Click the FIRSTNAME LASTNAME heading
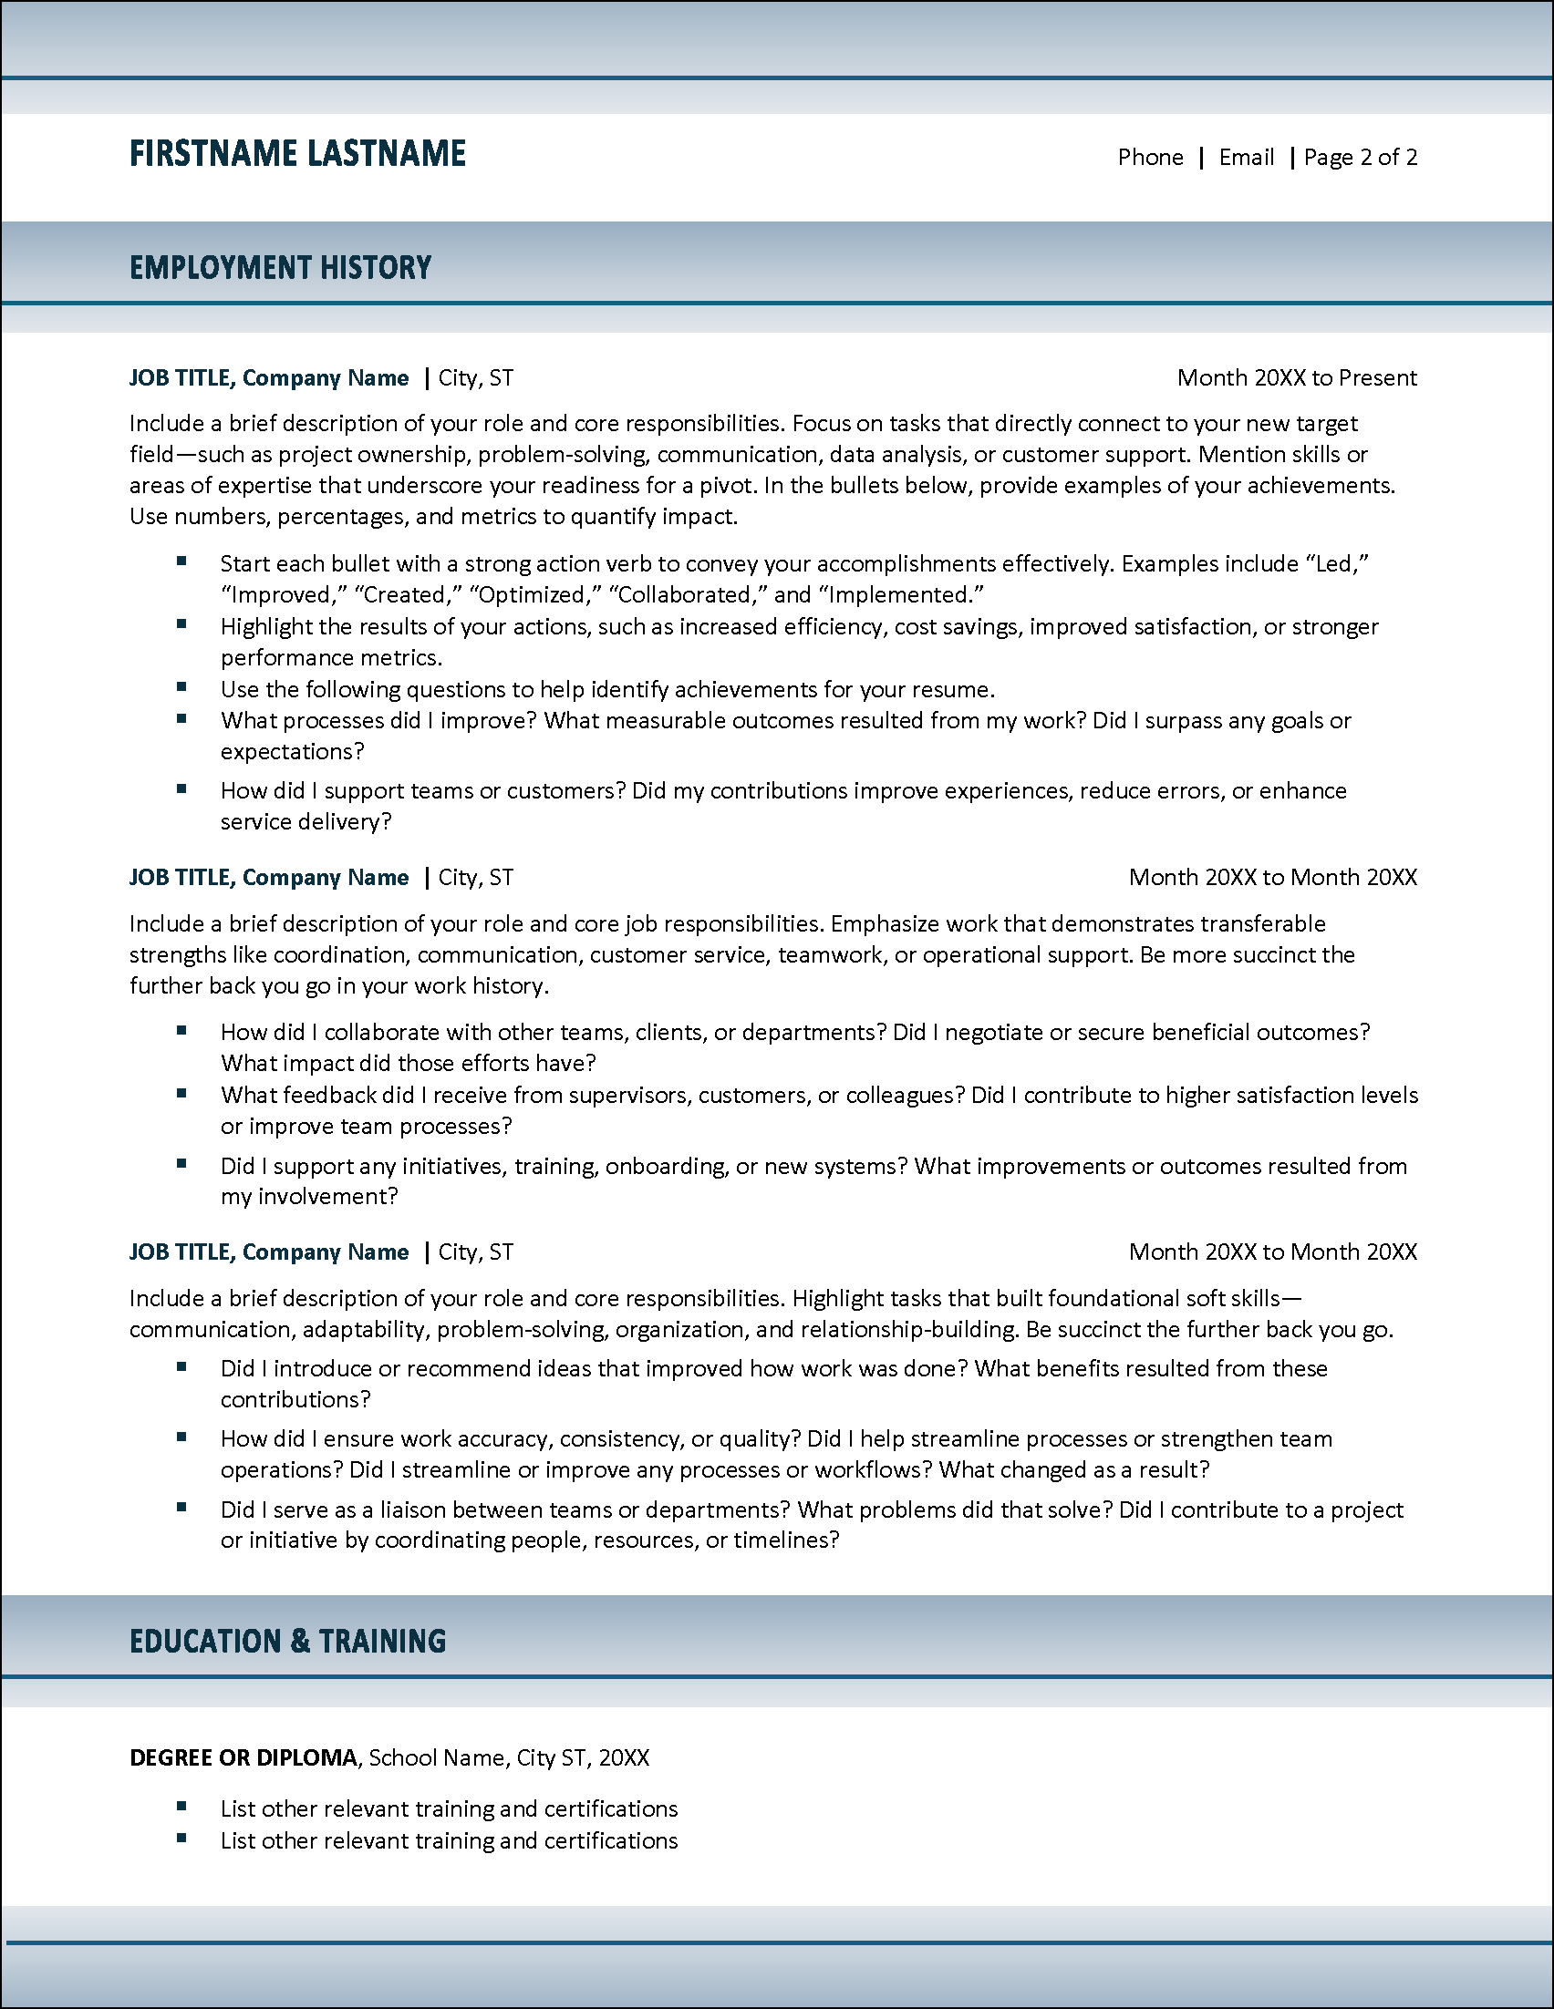(x=297, y=154)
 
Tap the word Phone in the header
(x=1150, y=158)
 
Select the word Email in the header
(x=1246, y=158)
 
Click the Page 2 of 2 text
(x=1360, y=158)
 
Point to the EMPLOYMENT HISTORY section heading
(x=280, y=268)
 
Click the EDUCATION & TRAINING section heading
(x=287, y=1641)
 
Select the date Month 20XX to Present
(x=1297, y=378)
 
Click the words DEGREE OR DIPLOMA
(x=243, y=1757)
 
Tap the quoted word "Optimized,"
(x=534, y=595)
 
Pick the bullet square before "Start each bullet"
(x=182, y=561)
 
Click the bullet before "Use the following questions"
(x=182, y=687)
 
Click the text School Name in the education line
(x=437, y=1757)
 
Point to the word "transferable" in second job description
(x=1262, y=923)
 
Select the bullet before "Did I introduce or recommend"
(x=182, y=1367)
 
